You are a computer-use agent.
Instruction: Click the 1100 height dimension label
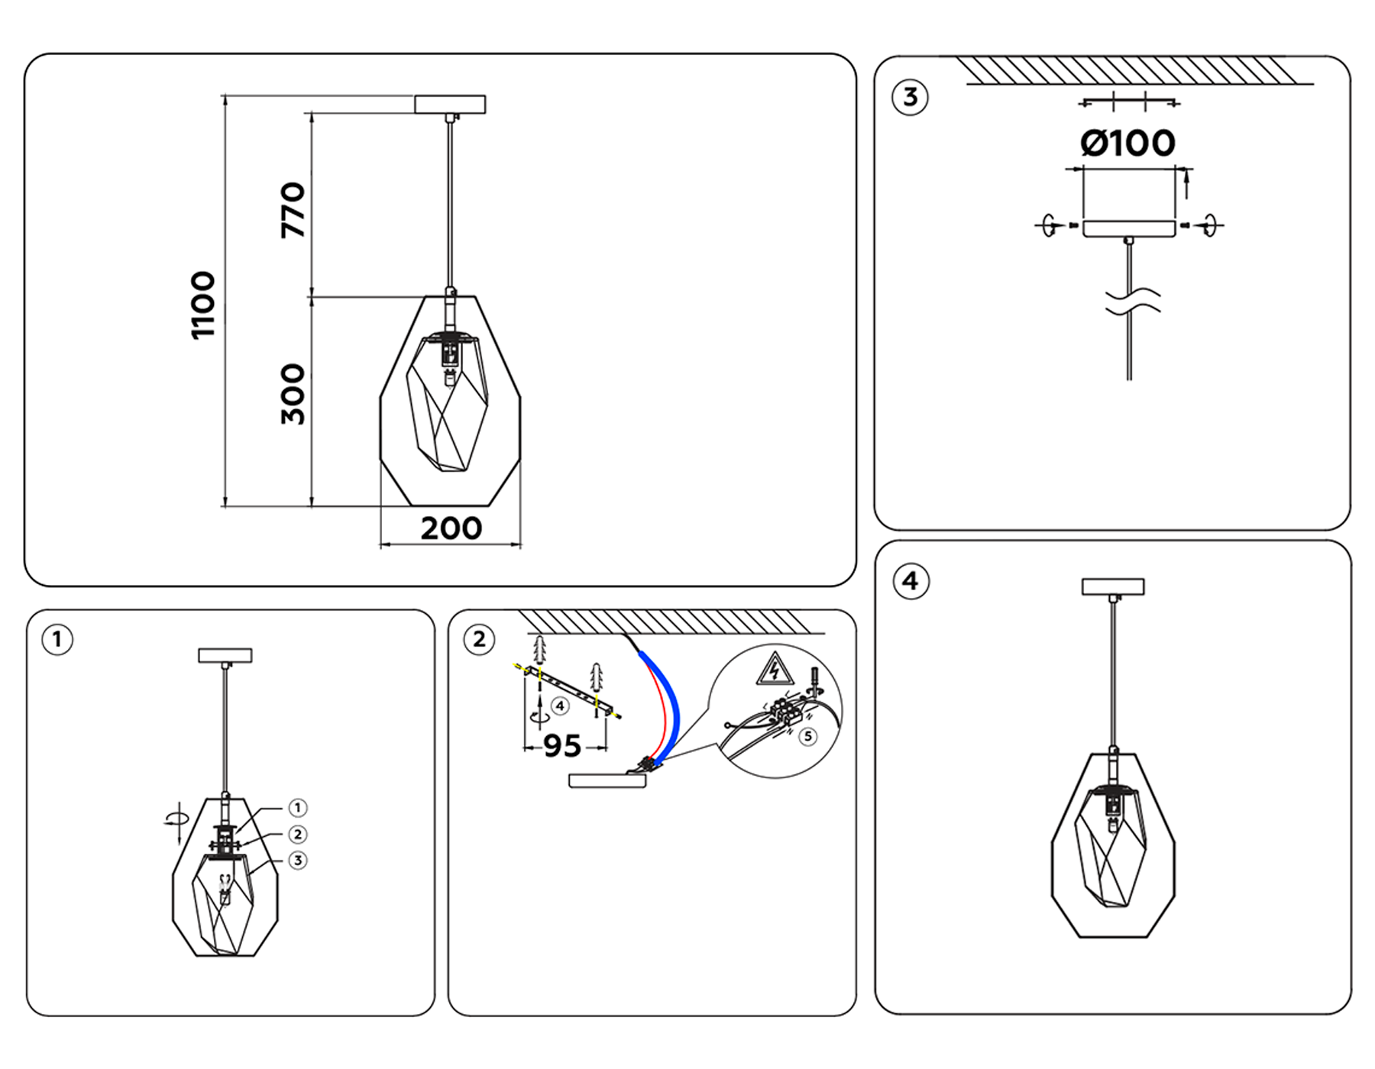[203, 305]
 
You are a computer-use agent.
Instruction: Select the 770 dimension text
[293, 210]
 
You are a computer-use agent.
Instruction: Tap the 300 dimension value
[293, 394]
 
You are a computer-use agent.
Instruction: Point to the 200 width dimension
[451, 528]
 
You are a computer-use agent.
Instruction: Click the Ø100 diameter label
[1127, 144]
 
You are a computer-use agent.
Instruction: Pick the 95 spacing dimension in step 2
[562, 746]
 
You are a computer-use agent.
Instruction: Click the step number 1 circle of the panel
[57, 639]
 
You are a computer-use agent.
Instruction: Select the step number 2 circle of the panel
[479, 639]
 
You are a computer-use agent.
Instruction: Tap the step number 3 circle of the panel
[910, 98]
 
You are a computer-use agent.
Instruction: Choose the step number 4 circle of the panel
[910, 581]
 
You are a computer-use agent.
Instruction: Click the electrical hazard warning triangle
[775, 669]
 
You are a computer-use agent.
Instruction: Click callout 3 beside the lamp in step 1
[298, 861]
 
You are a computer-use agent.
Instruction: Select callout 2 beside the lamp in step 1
[298, 835]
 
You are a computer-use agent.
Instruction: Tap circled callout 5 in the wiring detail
[807, 736]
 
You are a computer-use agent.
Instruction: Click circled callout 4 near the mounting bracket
[560, 706]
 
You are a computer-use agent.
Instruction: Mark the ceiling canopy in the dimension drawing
[450, 105]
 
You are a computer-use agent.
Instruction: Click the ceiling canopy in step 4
[1113, 586]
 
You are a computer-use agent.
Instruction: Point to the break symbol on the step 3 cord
[1132, 301]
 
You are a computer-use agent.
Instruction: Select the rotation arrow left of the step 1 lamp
[176, 819]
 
